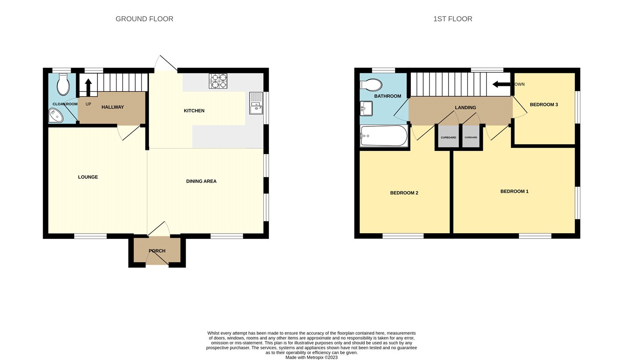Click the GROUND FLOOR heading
[144, 19]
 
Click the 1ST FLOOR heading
[453, 19]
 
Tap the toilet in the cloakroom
[63, 84]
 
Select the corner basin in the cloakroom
[56, 115]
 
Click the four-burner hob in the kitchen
[218, 81]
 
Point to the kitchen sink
[256, 103]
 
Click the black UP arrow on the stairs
[88, 88]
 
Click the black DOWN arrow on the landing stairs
[502, 84]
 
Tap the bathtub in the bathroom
[384, 135]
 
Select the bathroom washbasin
[366, 109]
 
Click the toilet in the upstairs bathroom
[371, 85]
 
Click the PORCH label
[157, 251]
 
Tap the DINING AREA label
[201, 181]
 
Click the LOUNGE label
[88, 177]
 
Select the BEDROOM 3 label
[544, 105]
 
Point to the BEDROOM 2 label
[404, 193]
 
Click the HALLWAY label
[113, 107]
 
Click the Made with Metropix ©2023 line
[311, 357]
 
